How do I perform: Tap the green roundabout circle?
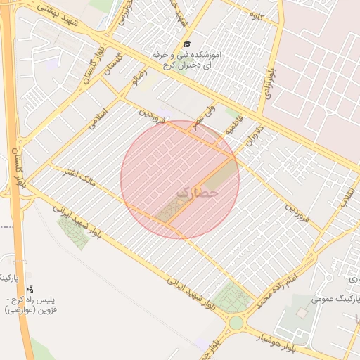[x=236, y=323]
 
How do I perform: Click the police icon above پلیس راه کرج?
[x=30, y=288]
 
